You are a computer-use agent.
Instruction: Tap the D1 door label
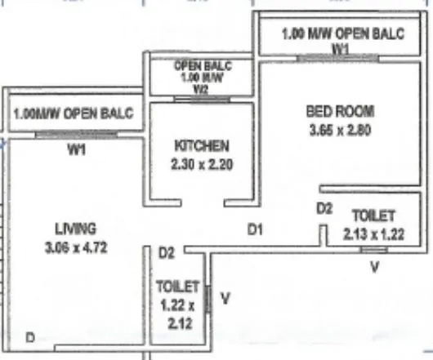pyautogui.click(x=255, y=231)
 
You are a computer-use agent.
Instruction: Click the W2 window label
pyautogui.click(x=201, y=89)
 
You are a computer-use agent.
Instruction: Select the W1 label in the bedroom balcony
pyautogui.click(x=341, y=49)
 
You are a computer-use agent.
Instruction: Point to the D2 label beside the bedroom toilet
pyautogui.click(x=324, y=210)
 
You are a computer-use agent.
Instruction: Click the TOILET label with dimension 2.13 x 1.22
pyautogui.click(x=373, y=216)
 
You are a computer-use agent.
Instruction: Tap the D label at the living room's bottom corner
pyautogui.click(x=29, y=337)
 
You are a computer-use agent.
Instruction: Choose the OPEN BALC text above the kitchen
pyautogui.click(x=202, y=64)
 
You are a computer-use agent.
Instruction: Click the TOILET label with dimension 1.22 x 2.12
pyautogui.click(x=178, y=287)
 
